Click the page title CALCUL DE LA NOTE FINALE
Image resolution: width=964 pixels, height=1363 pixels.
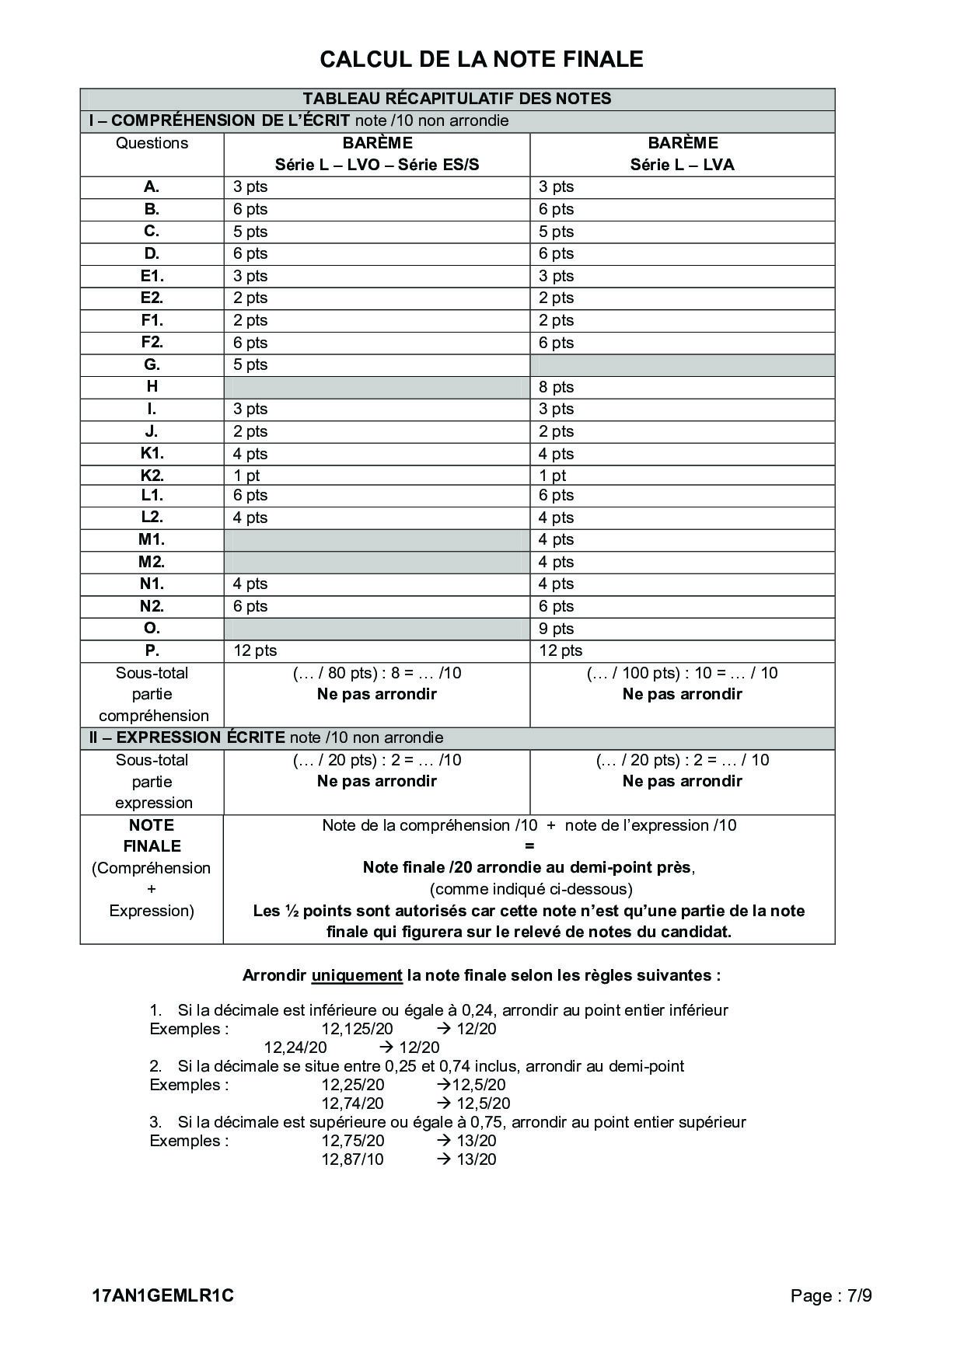(481, 59)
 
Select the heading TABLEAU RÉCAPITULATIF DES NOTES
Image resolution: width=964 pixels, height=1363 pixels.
(457, 99)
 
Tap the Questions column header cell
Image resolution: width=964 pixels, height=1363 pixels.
(152, 143)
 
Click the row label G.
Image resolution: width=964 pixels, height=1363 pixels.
(152, 364)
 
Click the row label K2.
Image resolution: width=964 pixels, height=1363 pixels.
(152, 476)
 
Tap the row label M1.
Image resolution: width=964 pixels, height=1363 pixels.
(152, 539)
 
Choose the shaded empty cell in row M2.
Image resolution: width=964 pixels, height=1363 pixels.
(376, 562)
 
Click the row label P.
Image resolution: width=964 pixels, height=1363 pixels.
(152, 650)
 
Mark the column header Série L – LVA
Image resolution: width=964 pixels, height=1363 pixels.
(682, 165)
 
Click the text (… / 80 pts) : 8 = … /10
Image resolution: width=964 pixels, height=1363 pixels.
(376, 673)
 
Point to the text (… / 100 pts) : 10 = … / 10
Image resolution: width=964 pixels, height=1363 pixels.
(682, 673)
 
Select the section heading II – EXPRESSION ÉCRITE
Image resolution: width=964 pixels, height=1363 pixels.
(187, 737)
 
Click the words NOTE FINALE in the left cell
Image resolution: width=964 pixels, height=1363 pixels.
(152, 835)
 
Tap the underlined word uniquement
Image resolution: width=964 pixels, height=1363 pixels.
(357, 975)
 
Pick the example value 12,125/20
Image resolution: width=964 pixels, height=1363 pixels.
(358, 1029)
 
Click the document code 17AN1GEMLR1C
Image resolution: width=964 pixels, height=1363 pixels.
(162, 1295)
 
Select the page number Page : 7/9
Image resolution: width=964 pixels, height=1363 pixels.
(831, 1295)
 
